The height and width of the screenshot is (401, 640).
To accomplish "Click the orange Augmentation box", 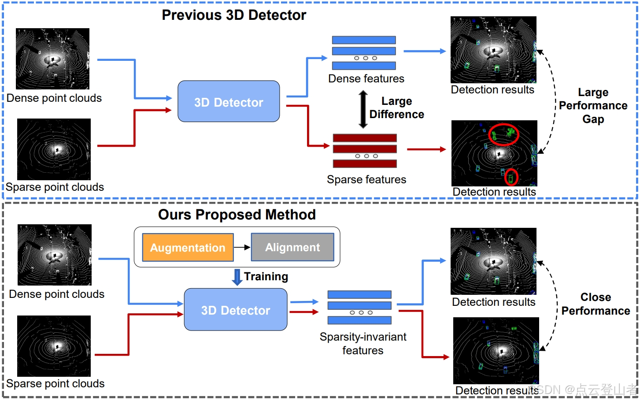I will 188,248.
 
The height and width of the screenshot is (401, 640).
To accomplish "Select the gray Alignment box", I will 292,247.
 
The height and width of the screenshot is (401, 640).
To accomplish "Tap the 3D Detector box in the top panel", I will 229,102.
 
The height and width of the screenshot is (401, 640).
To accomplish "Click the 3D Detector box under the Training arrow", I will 236,310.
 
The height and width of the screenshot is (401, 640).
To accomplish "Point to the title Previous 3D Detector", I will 234,15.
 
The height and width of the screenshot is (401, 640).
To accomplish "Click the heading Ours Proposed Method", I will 237,215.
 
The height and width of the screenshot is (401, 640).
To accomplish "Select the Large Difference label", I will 396,108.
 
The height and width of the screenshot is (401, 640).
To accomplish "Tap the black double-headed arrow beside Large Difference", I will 363,109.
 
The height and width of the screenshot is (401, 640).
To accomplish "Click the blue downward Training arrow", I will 237,277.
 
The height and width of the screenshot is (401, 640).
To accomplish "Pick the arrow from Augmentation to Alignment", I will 242,248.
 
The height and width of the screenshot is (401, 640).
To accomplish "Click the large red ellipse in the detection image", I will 504,134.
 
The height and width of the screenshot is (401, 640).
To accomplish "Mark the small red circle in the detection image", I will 511,177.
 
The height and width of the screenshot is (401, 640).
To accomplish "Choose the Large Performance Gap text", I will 593,106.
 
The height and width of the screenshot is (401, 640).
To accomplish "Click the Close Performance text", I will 596,304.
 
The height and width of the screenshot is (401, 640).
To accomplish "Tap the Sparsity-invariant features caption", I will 363,343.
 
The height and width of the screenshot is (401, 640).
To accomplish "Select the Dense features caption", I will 366,78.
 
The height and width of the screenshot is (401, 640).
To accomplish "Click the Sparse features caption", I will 366,179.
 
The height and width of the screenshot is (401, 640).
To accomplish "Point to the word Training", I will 266,276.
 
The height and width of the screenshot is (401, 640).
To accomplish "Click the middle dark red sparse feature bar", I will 365,149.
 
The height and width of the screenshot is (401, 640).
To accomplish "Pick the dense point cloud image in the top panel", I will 52,59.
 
